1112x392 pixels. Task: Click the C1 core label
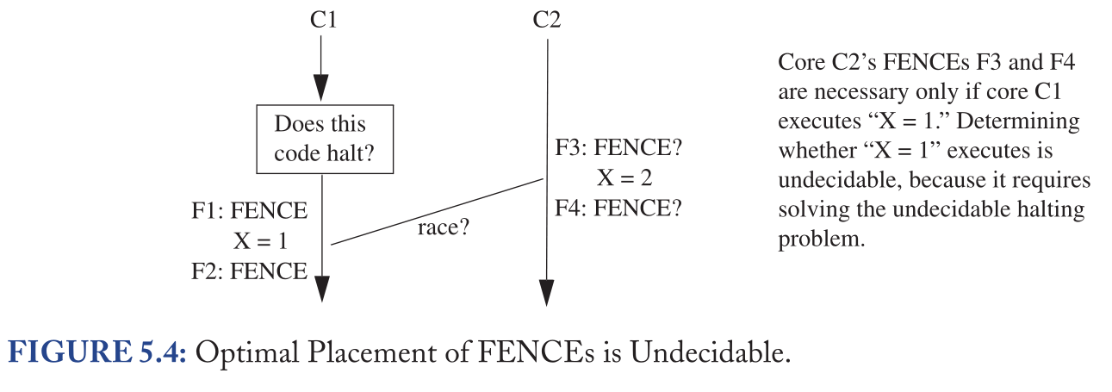pos(322,19)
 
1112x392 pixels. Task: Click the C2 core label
pos(547,19)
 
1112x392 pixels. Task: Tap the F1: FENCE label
pos(249,211)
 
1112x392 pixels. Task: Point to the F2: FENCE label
pos(249,271)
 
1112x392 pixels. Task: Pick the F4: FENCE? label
pos(618,208)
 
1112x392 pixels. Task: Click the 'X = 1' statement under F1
pos(260,241)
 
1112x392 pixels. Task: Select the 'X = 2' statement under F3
pos(624,179)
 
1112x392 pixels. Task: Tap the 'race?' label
pos(443,230)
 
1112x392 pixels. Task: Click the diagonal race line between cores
pos(437,211)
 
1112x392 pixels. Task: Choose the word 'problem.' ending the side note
pos(821,239)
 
